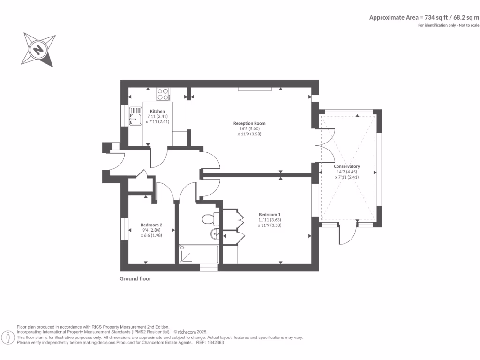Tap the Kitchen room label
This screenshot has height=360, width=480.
coord(157,111)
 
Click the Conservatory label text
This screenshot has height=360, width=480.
coord(346,166)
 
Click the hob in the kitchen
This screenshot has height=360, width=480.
coord(164,94)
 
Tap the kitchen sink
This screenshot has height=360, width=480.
coord(135,116)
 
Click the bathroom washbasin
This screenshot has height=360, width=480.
coord(216,234)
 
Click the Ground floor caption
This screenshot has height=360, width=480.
coord(135,278)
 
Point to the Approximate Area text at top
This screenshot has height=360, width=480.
coord(424,17)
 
